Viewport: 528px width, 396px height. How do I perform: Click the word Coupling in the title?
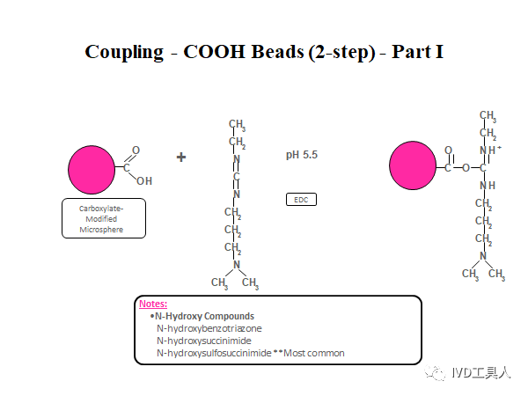(x=124, y=51)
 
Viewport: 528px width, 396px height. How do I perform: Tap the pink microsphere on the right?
(x=414, y=165)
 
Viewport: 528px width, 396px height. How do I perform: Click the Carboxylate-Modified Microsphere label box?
(x=103, y=219)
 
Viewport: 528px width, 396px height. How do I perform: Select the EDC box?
(x=302, y=200)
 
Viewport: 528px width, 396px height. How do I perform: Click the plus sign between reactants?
(x=181, y=158)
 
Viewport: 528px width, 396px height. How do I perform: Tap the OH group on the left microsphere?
(x=143, y=180)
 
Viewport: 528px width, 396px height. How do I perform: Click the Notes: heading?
(x=153, y=304)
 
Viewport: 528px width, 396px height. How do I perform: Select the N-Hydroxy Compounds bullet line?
(x=203, y=316)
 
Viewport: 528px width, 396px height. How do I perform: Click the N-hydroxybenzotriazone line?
(x=209, y=328)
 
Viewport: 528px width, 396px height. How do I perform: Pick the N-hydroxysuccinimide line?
(x=204, y=341)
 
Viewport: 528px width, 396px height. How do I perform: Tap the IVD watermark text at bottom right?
(x=480, y=373)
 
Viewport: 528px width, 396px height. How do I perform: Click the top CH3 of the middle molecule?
(x=237, y=125)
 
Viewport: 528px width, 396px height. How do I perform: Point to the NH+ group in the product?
(x=489, y=150)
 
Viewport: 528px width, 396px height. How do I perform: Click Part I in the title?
(x=417, y=51)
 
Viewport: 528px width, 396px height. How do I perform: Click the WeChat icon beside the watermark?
(x=436, y=373)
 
